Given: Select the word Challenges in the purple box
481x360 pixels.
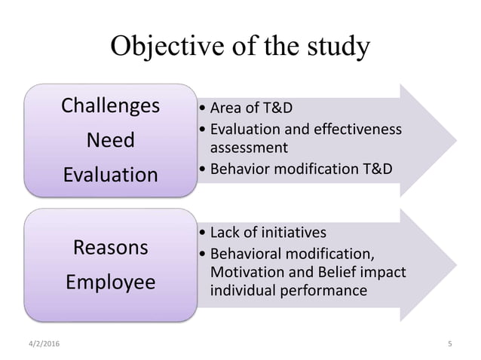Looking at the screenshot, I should [x=110, y=105].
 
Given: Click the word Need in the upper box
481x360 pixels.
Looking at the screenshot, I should [x=110, y=140].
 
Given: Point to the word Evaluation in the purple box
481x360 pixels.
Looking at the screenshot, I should [x=110, y=175].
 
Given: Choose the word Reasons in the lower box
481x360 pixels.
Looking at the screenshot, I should [x=110, y=248].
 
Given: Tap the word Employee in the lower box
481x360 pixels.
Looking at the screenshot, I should [x=110, y=282].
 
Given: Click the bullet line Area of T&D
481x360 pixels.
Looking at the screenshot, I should [x=249, y=105].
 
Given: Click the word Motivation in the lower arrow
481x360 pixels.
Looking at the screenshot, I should [x=247, y=271].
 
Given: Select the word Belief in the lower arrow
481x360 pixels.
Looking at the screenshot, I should [x=329, y=271].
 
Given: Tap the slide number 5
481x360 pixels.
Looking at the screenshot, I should [x=450, y=344].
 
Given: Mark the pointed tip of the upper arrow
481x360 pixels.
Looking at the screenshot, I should [x=455, y=139].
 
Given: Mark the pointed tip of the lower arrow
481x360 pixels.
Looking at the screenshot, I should [x=455, y=265].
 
